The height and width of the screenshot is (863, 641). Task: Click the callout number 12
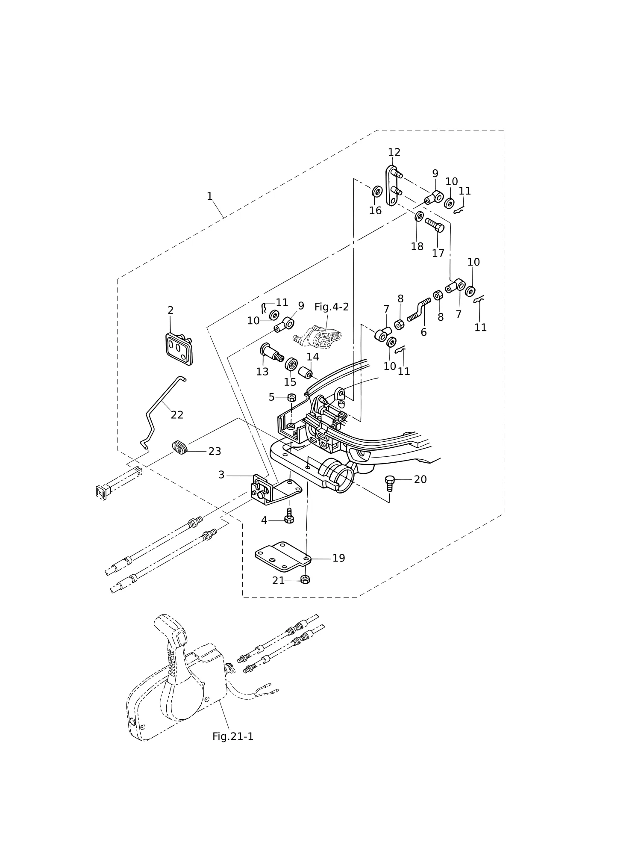(394, 152)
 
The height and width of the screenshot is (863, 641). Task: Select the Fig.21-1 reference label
(233, 736)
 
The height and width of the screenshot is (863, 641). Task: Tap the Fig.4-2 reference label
(332, 307)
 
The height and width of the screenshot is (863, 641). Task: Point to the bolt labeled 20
(390, 484)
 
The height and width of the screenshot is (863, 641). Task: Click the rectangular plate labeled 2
(179, 349)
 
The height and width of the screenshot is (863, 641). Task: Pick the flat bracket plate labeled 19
(283, 556)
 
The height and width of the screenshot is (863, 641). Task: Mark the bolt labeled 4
(289, 516)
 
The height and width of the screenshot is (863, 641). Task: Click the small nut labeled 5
(291, 397)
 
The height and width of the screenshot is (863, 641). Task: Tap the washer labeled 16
(376, 191)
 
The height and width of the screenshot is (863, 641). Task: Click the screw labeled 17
(435, 225)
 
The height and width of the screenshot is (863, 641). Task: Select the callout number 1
(209, 196)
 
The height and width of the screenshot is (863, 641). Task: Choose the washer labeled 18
(419, 216)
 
